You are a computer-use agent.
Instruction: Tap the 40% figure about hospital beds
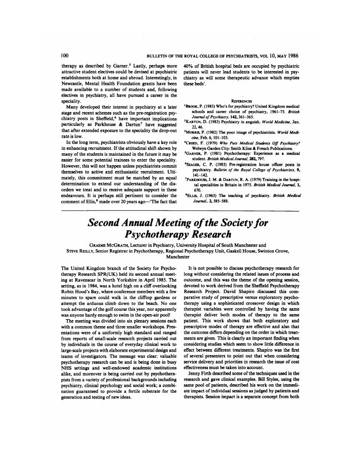190,65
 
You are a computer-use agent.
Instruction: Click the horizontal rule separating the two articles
180,210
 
